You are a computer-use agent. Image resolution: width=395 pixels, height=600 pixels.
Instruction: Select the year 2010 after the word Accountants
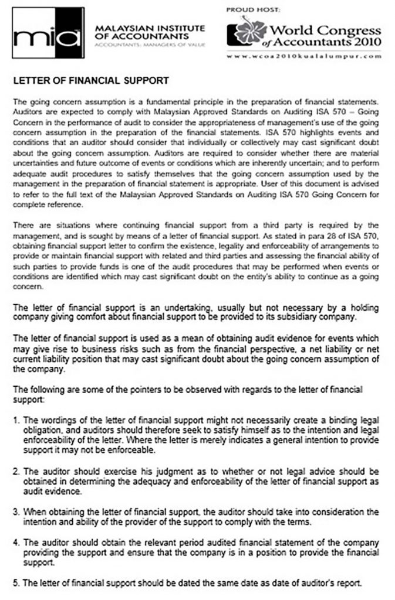tap(364, 42)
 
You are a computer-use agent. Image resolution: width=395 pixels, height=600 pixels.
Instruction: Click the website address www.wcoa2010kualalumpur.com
tap(304, 57)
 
